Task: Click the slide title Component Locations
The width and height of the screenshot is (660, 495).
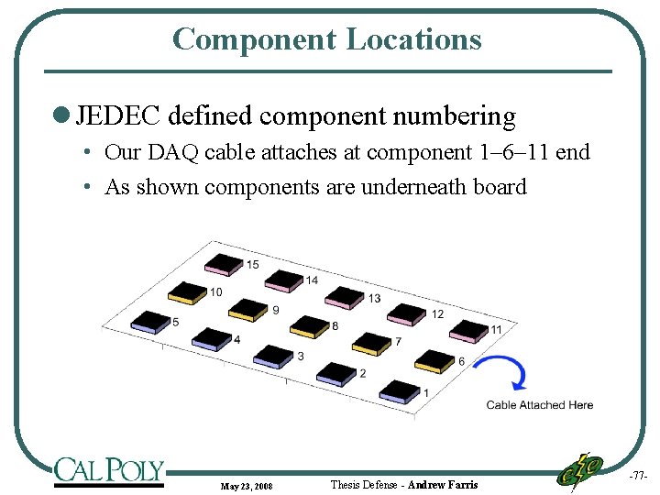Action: [326, 38]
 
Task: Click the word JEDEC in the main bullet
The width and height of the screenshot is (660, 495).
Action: [118, 116]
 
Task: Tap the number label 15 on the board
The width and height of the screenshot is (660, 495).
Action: [252, 265]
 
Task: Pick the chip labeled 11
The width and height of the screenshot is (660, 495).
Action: [468, 330]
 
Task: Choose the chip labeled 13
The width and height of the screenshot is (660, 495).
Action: [345, 296]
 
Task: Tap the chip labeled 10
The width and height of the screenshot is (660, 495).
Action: [187, 292]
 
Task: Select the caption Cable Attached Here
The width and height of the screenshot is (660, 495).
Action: [539, 405]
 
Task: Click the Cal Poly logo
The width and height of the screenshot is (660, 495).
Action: [108, 470]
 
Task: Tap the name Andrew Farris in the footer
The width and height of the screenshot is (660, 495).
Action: [443, 484]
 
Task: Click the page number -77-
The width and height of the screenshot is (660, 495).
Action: [638, 477]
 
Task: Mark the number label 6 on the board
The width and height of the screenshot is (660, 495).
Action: [461, 361]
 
